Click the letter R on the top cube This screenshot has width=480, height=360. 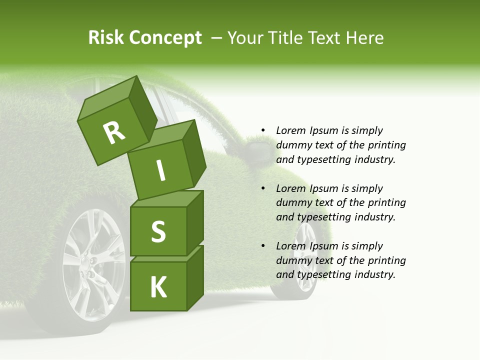click(114, 132)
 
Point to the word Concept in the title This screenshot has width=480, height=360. click(165, 38)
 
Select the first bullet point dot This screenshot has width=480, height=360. click(263, 131)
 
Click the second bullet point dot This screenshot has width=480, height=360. click(263, 189)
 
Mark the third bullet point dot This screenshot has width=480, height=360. click(263, 246)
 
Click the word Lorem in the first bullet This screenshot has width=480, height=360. click(291, 131)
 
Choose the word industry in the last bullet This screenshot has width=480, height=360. click(375, 274)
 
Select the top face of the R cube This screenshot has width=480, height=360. click(108, 99)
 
